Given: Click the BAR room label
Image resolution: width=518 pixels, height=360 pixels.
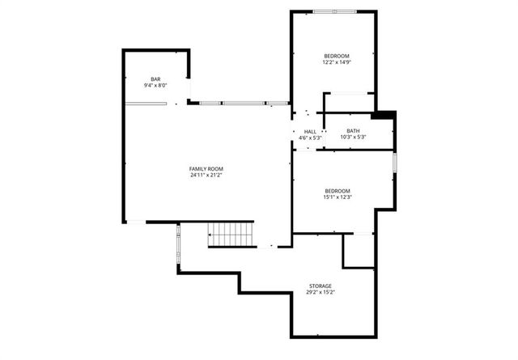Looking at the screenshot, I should (155, 78).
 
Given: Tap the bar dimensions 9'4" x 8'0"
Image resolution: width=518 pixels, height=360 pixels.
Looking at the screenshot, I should (155, 85).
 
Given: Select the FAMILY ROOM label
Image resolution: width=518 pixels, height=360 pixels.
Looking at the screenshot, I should (206, 168).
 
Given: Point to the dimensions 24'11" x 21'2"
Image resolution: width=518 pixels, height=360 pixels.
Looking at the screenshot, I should (206, 175).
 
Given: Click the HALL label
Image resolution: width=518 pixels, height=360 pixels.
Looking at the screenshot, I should (310, 131).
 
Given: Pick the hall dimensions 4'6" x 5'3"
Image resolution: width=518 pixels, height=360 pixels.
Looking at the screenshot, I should (310, 138).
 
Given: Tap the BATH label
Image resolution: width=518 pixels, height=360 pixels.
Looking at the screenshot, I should (354, 131).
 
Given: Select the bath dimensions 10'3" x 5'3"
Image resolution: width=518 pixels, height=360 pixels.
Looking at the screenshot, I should (354, 138).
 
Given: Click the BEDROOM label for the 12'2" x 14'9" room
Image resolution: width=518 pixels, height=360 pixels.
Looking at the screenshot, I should (337, 55).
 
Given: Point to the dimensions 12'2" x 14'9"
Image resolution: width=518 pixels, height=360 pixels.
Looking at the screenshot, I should (337, 61).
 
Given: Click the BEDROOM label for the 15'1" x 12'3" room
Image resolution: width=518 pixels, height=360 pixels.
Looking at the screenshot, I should (337, 191).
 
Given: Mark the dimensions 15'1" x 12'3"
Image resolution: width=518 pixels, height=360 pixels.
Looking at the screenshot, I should (337, 197).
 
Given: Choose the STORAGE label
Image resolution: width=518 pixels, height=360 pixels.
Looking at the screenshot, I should (320, 286).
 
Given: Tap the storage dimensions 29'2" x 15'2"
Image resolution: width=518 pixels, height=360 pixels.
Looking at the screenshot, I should (320, 292).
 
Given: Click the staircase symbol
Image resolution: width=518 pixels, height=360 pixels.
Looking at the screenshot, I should (231, 234).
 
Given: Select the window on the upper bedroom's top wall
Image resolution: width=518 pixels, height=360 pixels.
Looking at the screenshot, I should (333, 11).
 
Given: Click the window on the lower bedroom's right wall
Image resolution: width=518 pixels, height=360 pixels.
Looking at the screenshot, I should (395, 162).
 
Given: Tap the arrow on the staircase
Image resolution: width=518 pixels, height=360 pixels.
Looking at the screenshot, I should (212, 235).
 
